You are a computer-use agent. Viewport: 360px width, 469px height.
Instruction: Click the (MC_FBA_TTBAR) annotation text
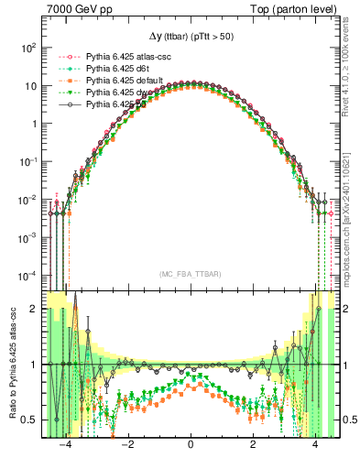(190, 273)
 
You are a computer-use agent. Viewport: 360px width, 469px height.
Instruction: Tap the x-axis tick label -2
(127, 451)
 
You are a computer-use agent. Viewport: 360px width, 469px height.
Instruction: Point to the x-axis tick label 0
(191, 451)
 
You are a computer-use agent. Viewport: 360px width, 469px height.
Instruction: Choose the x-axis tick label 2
(253, 451)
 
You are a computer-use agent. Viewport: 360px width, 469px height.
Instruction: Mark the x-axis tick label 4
(315, 451)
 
